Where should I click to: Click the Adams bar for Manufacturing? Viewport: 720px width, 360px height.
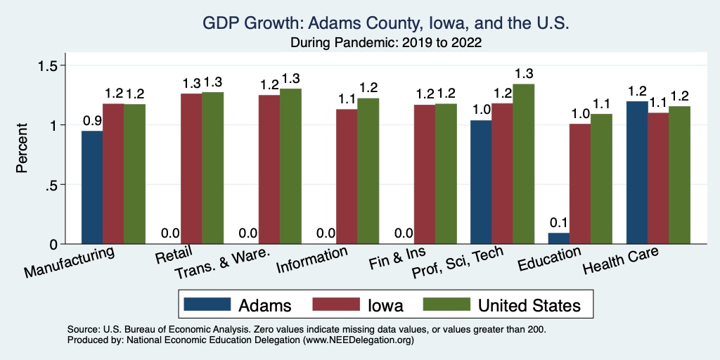tap(92, 188)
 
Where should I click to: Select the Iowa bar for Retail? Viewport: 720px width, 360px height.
tap(191, 169)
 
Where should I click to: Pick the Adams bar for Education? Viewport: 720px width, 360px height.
tap(558, 238)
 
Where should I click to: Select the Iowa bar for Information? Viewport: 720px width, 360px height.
tap(347, 176)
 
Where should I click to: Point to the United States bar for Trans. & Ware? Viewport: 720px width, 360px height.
tap(290, 167)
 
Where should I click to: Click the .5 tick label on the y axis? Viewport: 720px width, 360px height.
tap(53, 185)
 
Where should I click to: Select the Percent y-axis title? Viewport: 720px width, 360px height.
tap(22, 148)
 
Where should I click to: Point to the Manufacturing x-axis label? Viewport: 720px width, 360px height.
tap(70, 262)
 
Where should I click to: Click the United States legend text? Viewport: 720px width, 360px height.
tap(529, 305)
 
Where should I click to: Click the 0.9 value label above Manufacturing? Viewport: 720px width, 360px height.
tap(92, 120)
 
